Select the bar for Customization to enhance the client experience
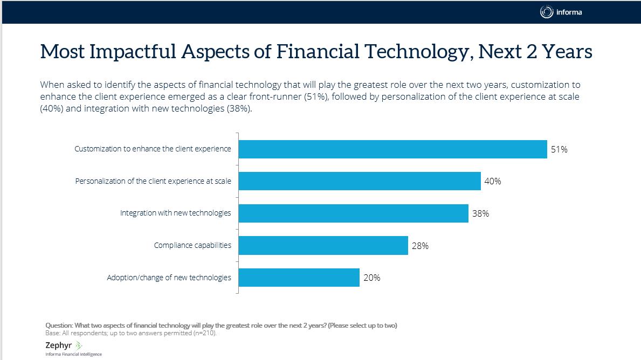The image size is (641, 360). coord(392,149)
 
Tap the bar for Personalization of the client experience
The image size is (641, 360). coord(359,181)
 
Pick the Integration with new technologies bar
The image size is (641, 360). coord(353,213)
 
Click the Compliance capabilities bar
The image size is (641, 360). coord(323,246)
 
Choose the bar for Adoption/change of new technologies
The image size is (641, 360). coord(299,278)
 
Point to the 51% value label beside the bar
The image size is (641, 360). coord(559,150)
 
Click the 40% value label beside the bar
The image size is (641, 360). coord(493,182)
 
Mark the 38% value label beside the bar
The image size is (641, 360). coord(480,214)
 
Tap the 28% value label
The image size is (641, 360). coord(420,246)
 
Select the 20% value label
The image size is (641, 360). coord(371,278)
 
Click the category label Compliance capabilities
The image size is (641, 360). coord(192,245)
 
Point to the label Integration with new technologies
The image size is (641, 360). coord(175,213)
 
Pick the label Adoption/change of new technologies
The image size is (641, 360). coord(169,278)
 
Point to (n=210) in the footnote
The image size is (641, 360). coord(206,333)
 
